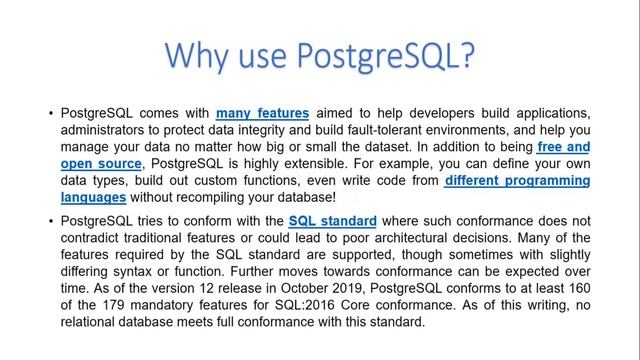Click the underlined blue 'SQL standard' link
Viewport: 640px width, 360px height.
332,220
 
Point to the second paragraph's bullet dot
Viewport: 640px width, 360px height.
50,220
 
